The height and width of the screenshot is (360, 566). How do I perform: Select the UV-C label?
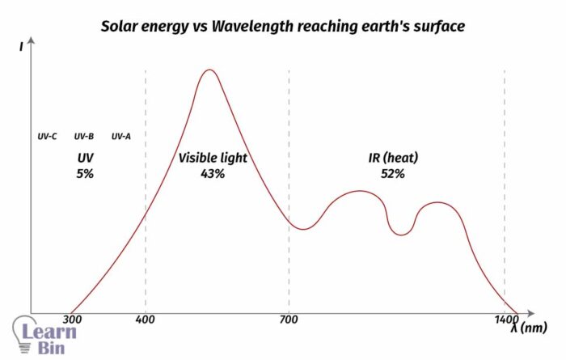point(47,136)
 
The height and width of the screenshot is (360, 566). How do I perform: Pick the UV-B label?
point(84,136)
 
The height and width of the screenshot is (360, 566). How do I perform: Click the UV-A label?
point(121,136)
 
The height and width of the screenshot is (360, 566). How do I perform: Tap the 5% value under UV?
point(85,173)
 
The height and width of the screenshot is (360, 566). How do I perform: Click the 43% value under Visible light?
point(213,173)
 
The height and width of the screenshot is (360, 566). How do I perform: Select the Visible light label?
point(213,158)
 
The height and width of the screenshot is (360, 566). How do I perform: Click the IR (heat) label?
point(393,158)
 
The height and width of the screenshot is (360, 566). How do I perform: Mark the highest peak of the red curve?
point(210,70)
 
